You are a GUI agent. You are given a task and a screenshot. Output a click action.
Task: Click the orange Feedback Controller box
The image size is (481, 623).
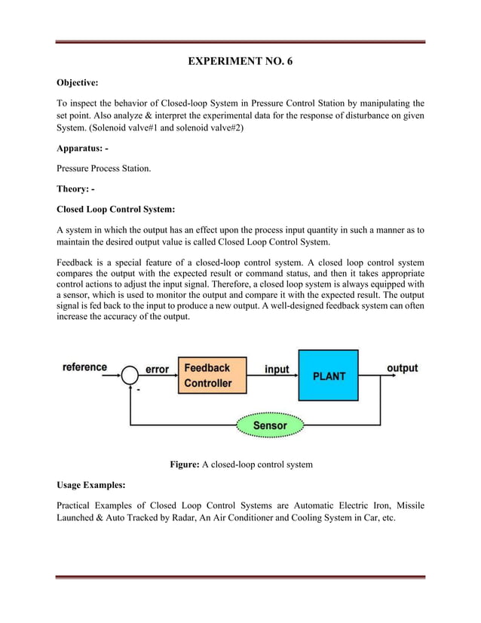[x=211, y=376]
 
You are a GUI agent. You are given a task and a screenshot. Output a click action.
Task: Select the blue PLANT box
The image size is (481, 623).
[x=328, y=375]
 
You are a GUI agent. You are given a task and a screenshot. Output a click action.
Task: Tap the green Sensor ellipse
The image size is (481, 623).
[x=269, y=425]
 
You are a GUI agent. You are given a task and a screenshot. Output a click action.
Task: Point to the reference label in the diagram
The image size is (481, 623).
[x=84, y=367]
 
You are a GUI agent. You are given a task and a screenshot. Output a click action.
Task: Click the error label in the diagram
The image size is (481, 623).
[x=157, y=369]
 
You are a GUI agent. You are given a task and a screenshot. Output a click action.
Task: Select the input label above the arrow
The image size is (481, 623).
[x=277, y=369]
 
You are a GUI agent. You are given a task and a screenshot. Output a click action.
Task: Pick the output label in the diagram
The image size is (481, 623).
[x=402, y=368]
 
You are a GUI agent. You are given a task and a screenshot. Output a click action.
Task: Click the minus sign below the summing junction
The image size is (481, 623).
[x=139, y=391]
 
